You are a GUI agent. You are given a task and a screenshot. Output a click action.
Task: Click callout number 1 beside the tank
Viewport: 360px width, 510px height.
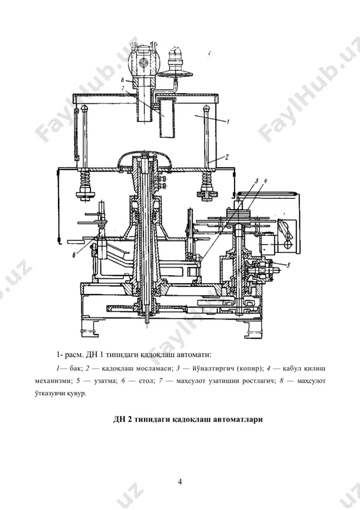click(228, 122)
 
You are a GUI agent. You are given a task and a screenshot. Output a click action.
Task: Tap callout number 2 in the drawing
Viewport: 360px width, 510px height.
click(227, 157)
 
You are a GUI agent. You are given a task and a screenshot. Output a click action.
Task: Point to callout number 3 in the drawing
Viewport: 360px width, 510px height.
click(257, 182)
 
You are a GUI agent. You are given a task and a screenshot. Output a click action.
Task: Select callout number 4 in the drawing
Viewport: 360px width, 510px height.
click(265, 182)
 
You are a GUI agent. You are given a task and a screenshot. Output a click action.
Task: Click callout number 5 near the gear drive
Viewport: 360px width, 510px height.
click(288, 265)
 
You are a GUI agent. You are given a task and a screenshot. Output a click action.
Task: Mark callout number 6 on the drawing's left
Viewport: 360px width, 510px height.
click(74, 256)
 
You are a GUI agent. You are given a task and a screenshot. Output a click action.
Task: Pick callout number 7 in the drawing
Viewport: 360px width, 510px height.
click(122, 88)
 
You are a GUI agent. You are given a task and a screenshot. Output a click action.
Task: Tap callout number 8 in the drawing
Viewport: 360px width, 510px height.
click(122, 80)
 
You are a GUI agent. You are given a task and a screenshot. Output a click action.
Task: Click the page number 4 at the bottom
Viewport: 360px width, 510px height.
click(180, 482)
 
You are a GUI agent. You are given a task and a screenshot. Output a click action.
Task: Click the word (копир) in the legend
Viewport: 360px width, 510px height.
click(250, 369)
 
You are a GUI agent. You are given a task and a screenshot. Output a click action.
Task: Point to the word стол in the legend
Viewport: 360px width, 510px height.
click(146, 381)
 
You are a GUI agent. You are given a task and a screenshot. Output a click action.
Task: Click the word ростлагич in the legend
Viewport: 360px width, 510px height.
click(258, 381)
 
